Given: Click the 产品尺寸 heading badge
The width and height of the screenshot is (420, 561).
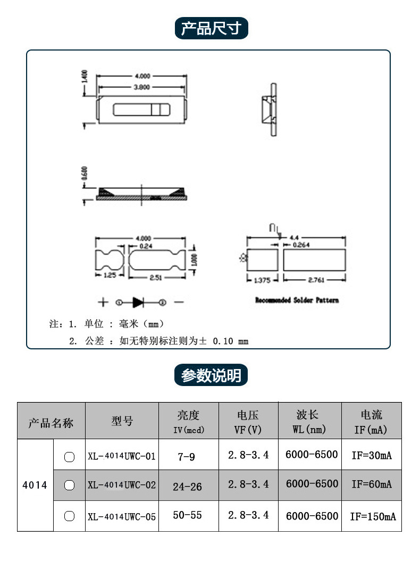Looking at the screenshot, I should [211, 28].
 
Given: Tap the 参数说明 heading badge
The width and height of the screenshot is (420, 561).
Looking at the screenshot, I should [211, 375].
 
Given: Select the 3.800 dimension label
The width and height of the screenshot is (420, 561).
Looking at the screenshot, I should [141, 87].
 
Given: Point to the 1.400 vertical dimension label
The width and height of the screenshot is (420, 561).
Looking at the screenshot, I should [83, 78].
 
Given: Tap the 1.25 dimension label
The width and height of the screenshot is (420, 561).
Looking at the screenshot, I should [109, 275].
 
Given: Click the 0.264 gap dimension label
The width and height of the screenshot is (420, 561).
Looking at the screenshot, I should [301, 245].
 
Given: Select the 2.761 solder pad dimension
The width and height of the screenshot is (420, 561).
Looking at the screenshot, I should [316, 279].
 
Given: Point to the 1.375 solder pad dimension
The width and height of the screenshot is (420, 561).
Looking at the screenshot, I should [262, 279].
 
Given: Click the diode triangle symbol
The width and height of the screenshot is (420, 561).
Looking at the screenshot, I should [138, 302].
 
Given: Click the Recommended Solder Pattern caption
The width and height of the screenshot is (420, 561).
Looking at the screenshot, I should [297, 300].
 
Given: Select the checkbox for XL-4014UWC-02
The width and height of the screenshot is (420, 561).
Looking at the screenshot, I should [69, 485].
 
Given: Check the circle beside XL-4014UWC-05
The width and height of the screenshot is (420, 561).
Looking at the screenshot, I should [69, 515].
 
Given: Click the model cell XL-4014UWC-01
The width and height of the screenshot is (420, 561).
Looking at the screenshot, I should [122, 456].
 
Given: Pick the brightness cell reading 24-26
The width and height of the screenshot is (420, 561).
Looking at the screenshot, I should [188, 486].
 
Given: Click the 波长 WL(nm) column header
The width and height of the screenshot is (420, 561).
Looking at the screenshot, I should [308, 421].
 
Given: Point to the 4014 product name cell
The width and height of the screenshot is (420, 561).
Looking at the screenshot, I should [35, 485].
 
